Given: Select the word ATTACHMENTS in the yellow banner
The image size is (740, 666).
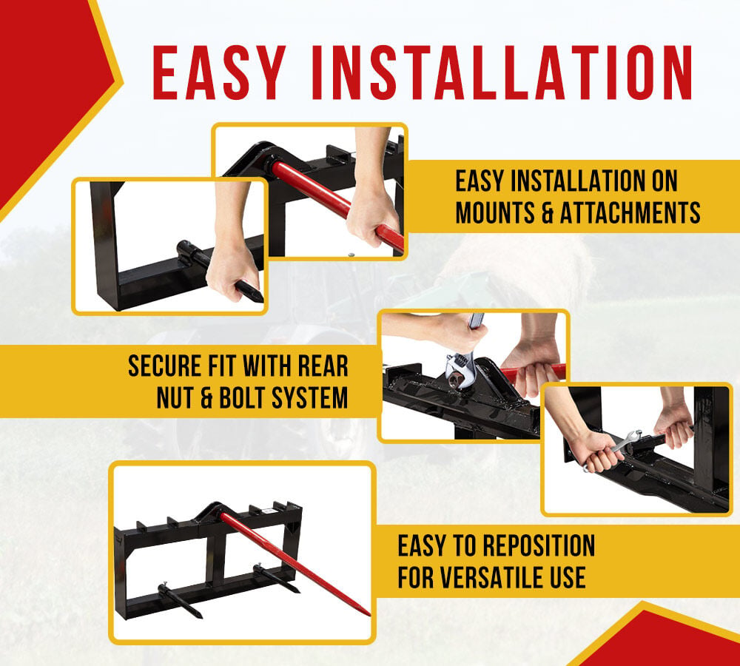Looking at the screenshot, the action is (x=630, y=213).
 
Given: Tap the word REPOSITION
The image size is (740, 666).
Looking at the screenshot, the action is (x=539, y=545).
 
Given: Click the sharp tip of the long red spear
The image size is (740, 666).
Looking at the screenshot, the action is (x=369, y=614).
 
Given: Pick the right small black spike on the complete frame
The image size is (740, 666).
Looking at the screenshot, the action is (x=277, y=579).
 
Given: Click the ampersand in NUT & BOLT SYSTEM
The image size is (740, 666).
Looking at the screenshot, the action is (x=206, y=397).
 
